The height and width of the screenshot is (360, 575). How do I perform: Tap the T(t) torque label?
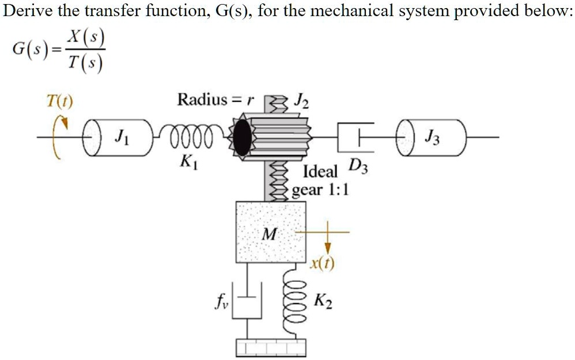point(59,102)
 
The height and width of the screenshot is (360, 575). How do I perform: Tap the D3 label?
point(358,168)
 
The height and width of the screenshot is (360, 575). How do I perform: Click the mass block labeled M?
point(270,231)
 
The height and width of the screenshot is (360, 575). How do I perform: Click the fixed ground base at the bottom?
point(269,347)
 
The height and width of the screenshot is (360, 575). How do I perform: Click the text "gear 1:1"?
point(320,190)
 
